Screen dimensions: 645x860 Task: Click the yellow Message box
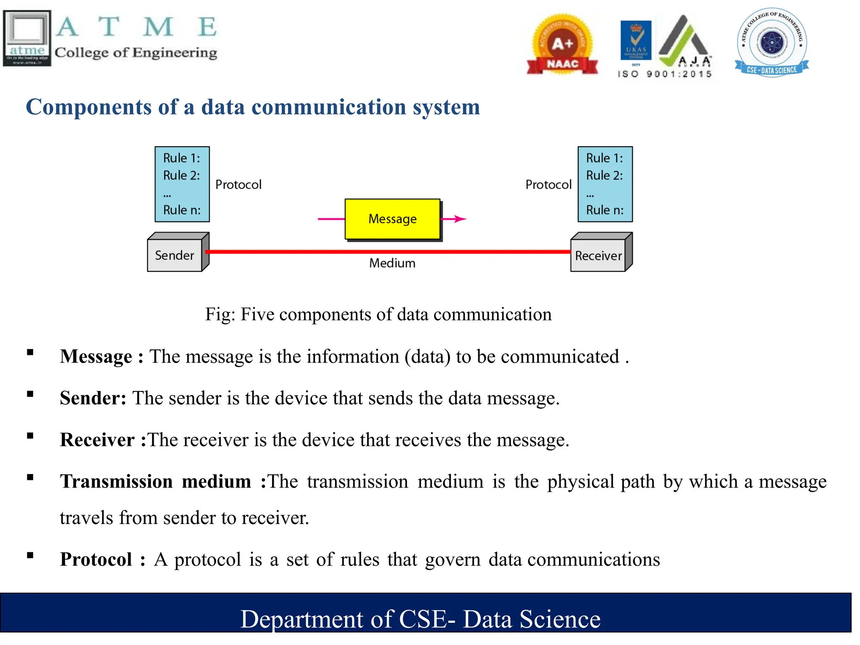pyautogui.click(x=392, y=219)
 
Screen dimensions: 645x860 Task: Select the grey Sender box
pyautogui.click(x=175, y=255)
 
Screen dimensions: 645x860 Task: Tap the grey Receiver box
pyautogui.click(x=598, y=256)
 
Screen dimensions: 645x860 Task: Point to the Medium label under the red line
pyautogui.click(x=392, y=263)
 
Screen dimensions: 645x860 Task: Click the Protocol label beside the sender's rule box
pyautogui.click(x=238, y=184)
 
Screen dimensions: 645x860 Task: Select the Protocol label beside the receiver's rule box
pyautogui.click(x=548, y=184)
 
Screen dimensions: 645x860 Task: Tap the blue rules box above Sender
pyautogui.click(x=182, y=184)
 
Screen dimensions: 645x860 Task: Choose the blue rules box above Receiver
pyautogui.click(x=605, y=184)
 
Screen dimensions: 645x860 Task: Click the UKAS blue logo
pyautogui.click(x=636, y=40)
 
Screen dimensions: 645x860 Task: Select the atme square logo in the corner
pyautogui.click(x=27, y=38)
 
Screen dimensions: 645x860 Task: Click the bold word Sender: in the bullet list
pyautogui.click(x=93, y=398)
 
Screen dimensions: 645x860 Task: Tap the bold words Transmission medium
pyautogui.click(x=155, y=482)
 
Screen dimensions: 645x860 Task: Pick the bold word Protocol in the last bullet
pyautogui.click(x=96, y=560)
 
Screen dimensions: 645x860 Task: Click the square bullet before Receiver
pyautogui.click(x=30, y=436)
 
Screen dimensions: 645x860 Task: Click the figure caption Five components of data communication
pyautogui.click(x=378, y=315)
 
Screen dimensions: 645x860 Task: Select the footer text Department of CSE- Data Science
pyautogui.click(x=420, y=619)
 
